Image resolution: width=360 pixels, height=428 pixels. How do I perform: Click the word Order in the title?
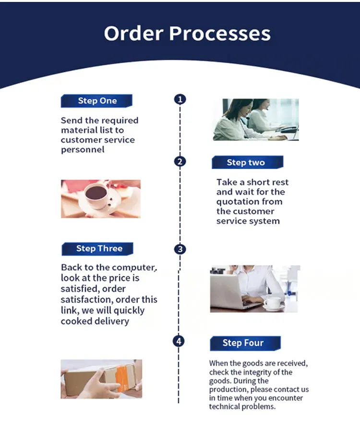(133, 34)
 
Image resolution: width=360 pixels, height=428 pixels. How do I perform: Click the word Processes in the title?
(219, 34)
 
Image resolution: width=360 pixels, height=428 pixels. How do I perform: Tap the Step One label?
(97, 101)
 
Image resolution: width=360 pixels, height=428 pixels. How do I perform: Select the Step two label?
(246, 162)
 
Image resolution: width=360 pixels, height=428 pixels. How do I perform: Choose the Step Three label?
(99, 248)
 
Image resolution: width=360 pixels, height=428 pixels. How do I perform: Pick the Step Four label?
(243, 343)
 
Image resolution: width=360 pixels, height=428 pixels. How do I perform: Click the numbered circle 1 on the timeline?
(180, 99)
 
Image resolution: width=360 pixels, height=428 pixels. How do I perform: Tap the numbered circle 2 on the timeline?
(180, 161)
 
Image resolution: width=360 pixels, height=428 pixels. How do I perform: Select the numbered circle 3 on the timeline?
(180, 249)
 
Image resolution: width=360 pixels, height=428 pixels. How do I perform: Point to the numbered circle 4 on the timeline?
(179, 342)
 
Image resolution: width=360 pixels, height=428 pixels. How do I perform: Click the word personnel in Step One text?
(83, 150)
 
